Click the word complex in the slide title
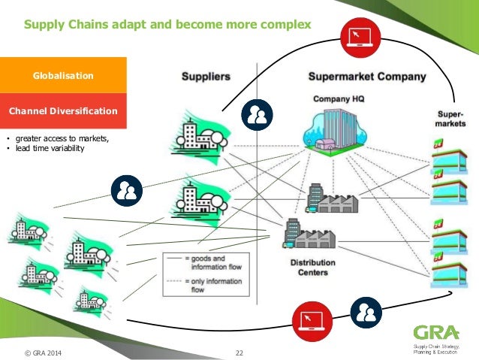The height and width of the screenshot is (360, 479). (283, 26)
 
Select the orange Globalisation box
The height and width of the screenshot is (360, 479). (62, 76)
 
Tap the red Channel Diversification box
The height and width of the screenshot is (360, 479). (62, 111)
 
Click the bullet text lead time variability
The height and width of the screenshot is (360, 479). (50, 148)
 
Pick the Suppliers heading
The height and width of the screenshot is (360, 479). (205, 77)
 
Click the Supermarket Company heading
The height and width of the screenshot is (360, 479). (367, 77)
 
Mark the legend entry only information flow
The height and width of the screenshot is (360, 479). (208, 282)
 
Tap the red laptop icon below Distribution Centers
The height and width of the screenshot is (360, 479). (311, 319)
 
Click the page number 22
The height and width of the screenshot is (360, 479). (239, 352)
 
